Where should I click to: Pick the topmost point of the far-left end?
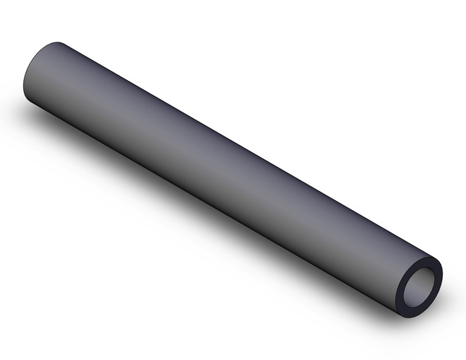(58, 42)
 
